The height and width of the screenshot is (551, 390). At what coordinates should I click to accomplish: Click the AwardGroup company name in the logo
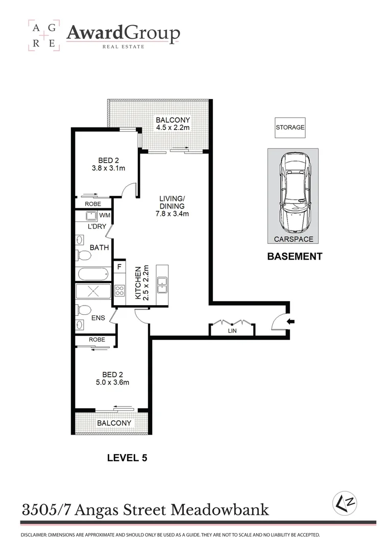123,34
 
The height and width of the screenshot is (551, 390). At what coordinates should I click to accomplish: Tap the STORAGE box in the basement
290,128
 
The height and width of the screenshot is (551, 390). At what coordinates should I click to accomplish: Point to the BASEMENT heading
295,257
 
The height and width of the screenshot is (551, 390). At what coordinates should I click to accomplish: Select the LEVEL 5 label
127,458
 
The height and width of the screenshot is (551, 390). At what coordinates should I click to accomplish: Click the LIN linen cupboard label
232,331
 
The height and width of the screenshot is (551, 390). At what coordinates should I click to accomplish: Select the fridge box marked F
119,266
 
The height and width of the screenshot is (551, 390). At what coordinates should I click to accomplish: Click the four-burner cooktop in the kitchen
119,291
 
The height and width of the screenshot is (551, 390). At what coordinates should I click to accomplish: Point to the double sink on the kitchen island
163,285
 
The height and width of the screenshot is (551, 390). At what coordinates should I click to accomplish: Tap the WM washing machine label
105,215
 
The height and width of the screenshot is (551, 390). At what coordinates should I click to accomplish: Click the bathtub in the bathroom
93,274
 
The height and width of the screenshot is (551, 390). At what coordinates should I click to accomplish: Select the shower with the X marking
93,292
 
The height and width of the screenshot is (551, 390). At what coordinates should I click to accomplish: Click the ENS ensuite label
98,318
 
